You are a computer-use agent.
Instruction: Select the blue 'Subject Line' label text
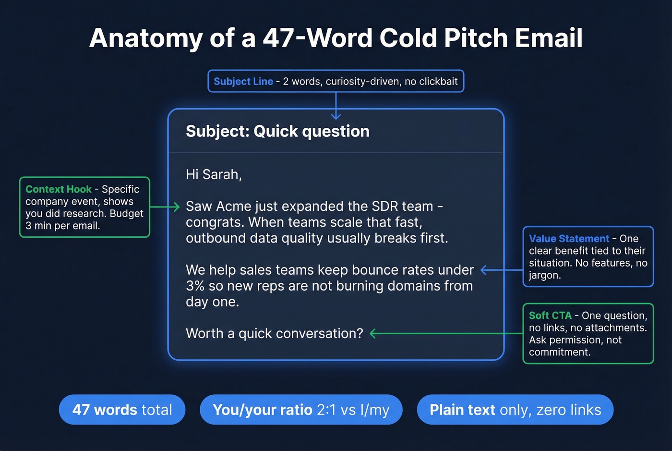click(243, 82)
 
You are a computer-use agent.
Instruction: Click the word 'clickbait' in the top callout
click(438, 82)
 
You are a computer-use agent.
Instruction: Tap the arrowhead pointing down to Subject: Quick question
click(336, 116)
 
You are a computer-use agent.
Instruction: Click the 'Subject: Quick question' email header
click(277, 131)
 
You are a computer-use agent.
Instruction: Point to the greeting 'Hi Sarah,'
click(214, 174)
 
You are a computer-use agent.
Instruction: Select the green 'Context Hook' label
click(58, 189)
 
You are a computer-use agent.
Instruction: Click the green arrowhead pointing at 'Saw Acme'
click(176, 207)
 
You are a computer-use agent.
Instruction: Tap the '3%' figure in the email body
click(195, 286)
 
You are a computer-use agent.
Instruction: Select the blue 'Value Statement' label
click(569, 239)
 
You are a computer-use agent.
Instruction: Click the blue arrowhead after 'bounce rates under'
click(484, 270)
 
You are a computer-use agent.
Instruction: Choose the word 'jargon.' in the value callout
click(544, 275)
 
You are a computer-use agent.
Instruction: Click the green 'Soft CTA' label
click(550, 316)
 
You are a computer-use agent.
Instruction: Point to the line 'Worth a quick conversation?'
click(274, 333)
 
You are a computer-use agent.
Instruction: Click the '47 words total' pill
click(122, 410)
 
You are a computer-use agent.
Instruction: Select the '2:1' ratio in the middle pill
click(326, 410)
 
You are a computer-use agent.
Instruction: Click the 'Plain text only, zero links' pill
click(515, 410)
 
